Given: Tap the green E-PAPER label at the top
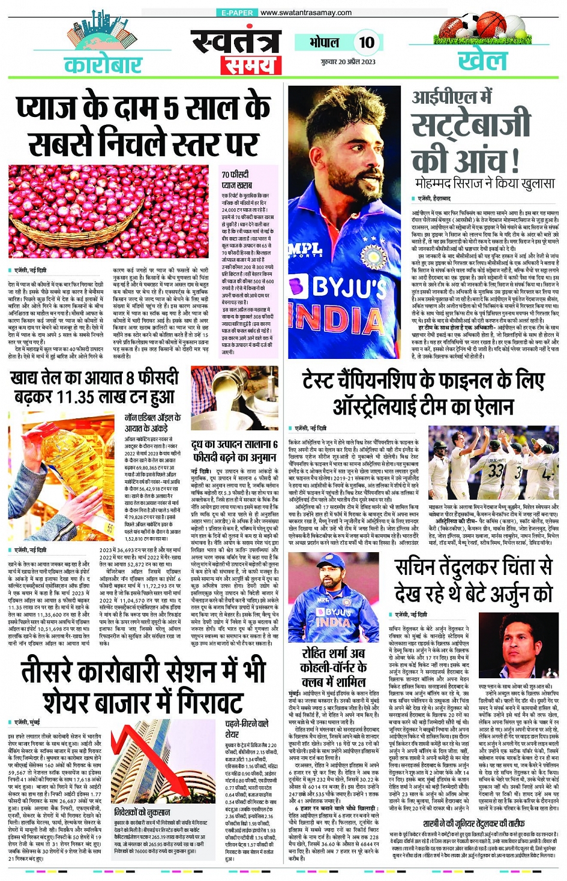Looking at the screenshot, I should [x=237, y=13].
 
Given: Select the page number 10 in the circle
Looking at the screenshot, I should [x=366, y=42].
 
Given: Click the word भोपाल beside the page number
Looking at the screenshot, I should [x=324, y=43].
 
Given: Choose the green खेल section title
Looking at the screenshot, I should [x=482, y=61].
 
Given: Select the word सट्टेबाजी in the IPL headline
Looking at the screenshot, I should [x=472, y=127].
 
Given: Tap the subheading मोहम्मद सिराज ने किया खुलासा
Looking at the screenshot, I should [x=485, y=183].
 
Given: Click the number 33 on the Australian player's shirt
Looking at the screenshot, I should [x=496, y=469].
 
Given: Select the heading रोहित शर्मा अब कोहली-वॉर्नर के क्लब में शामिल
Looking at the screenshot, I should [x=333, y=666].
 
